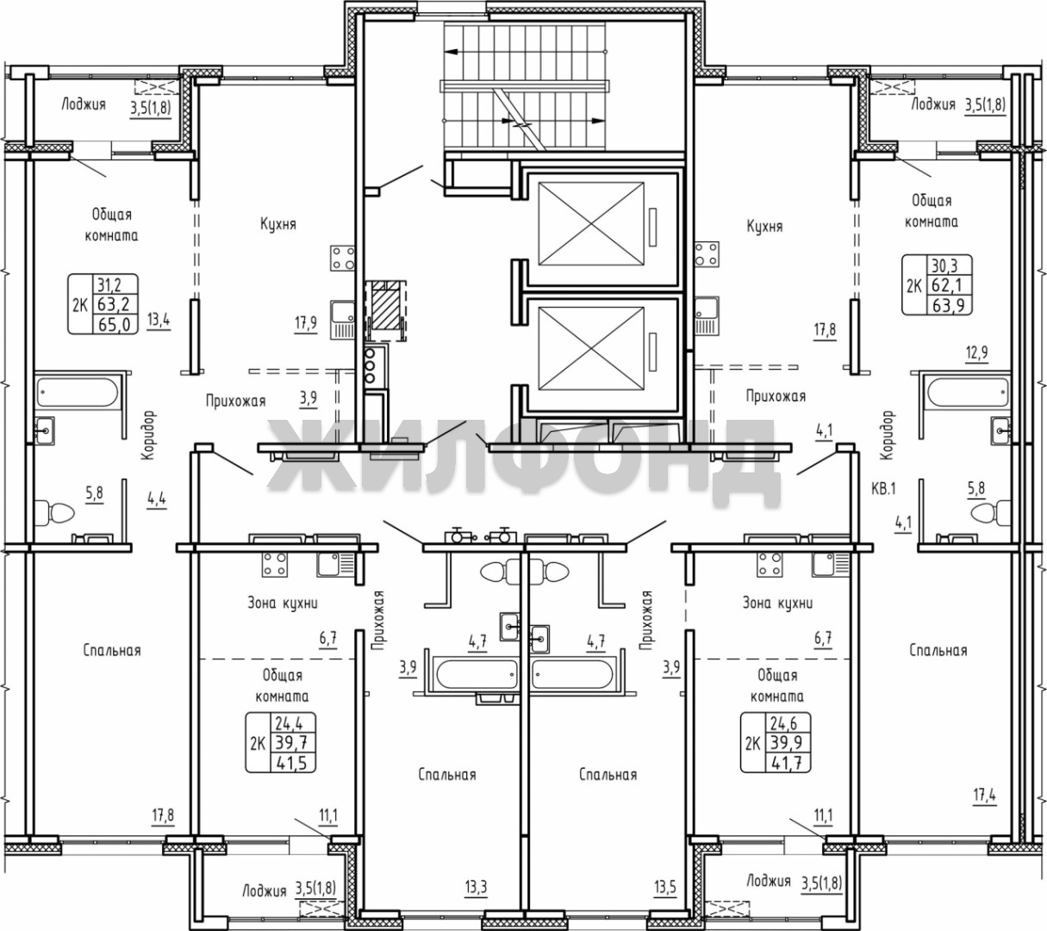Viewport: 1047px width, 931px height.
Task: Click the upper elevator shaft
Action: coord(591,223)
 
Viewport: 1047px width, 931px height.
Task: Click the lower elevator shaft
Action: coord(591,349)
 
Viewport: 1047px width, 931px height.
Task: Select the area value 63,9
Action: coord(948,306)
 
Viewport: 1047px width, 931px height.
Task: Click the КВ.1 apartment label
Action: coord(883,489)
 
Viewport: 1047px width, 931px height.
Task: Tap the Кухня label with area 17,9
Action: coord(278,224)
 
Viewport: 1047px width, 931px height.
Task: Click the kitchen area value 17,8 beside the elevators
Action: coord(825,330)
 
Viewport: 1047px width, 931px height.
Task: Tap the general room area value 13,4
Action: coord(159,321)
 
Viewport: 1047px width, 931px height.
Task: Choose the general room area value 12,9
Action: coord(976,353)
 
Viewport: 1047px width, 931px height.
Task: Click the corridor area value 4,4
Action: coord(157,500)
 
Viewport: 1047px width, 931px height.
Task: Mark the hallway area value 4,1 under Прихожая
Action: coord(824,431)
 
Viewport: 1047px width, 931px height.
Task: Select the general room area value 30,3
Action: coord(944,266)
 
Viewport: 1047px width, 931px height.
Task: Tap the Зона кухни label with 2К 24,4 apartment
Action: coord(282,603)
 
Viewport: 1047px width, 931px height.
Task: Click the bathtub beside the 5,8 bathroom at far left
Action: coord(77,393)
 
